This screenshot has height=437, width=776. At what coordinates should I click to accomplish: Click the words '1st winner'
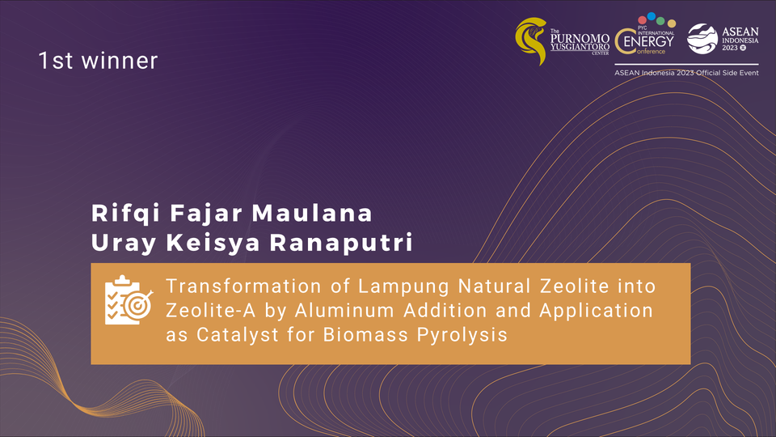(98, 61)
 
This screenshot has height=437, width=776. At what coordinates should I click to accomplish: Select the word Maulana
(312, 213)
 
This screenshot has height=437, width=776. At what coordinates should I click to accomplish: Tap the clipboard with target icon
(129, 300)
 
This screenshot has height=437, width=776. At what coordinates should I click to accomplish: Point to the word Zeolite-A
(211, 311)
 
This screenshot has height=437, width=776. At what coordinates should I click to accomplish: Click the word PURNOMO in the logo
(580, 39)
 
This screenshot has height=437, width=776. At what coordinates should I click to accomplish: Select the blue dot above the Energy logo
(652, 16)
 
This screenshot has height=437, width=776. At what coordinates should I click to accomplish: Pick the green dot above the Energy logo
(660, 21)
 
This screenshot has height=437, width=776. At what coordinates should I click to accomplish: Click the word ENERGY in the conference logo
(648, 41)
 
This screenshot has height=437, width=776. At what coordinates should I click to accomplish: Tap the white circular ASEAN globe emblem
(702, 39)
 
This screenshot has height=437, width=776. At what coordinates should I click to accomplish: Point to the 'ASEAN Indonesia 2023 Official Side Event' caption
(686, 73)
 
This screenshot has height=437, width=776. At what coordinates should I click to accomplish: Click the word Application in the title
(596, 312)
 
